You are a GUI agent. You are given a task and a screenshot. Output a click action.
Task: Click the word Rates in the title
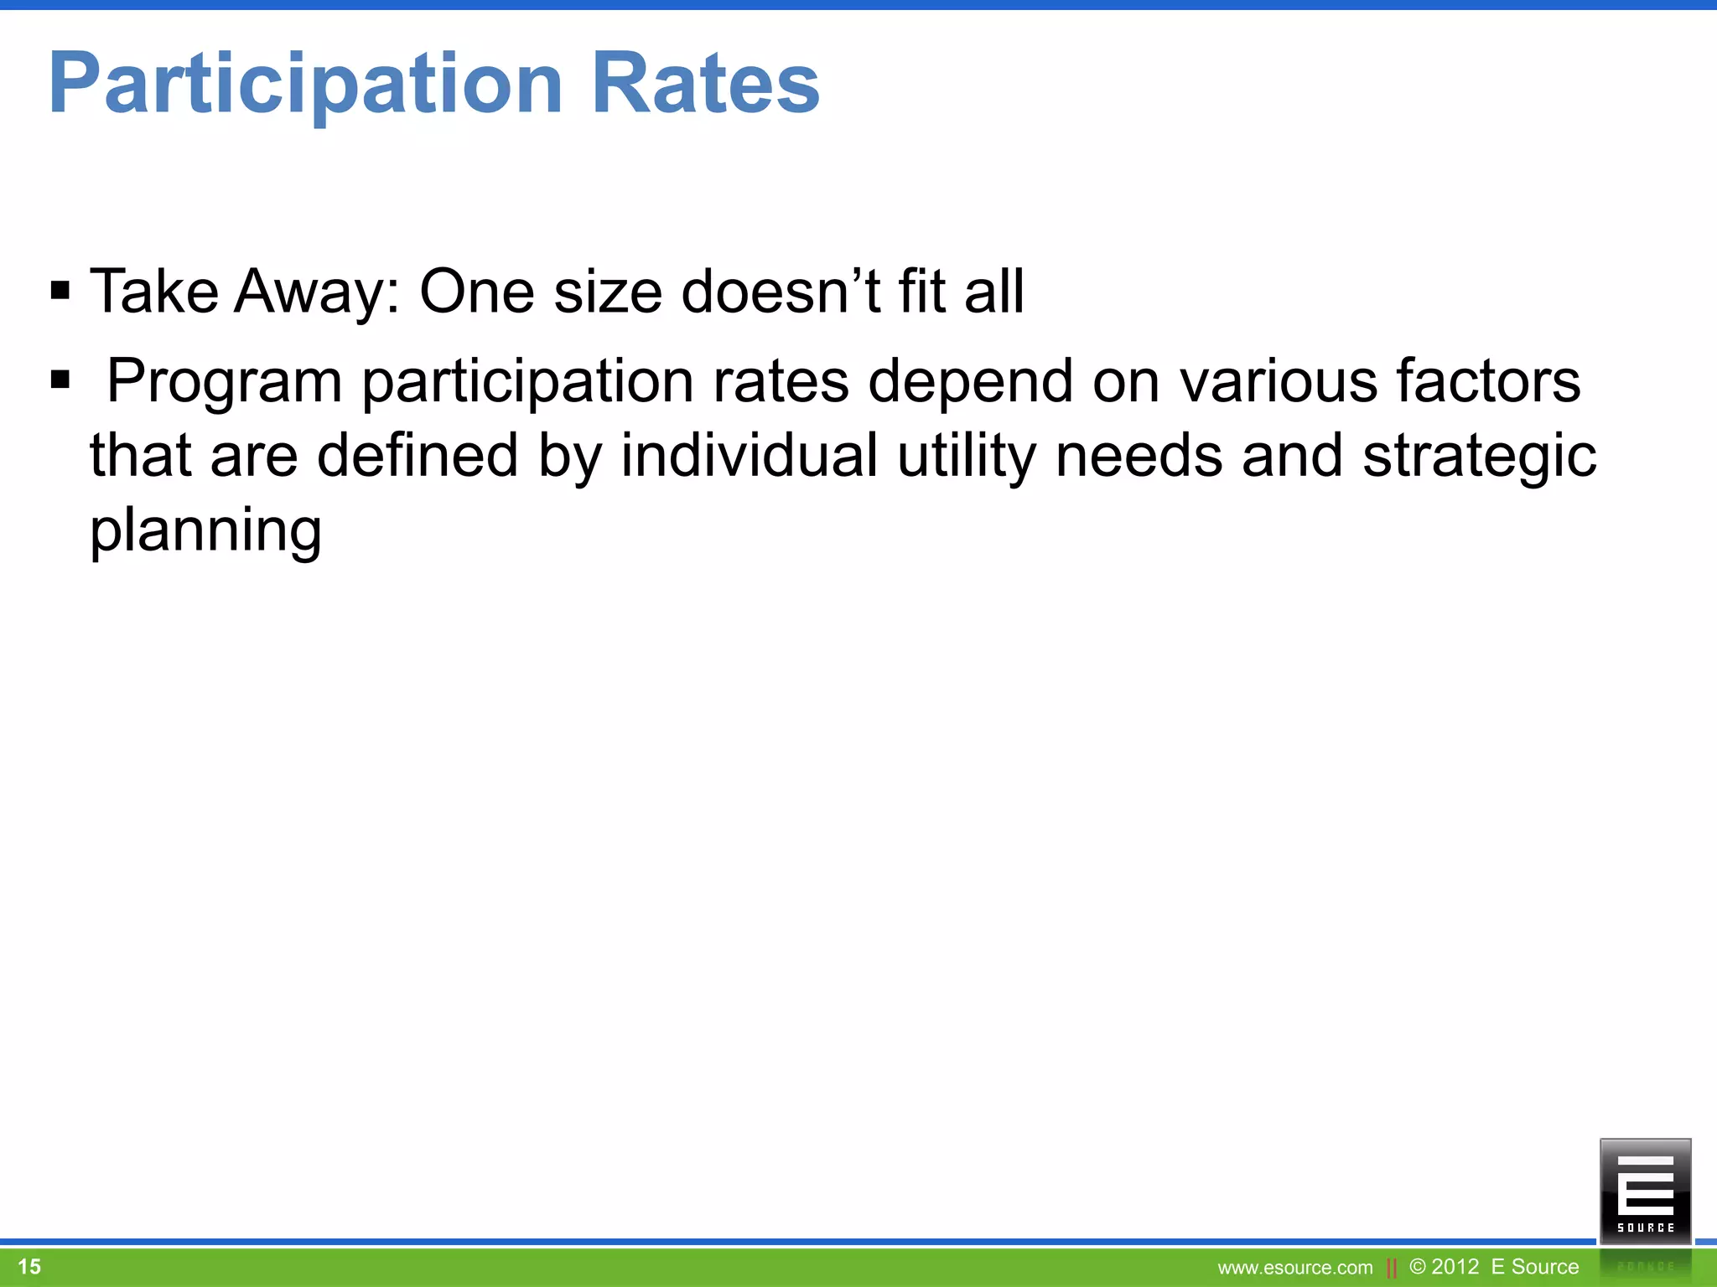[x=706, y=84]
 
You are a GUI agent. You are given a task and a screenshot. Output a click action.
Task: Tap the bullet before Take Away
[x=60, y=292]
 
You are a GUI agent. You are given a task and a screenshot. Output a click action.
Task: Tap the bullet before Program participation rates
[x=60, y=380]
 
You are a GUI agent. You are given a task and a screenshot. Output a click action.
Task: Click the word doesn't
[x=781, y=292]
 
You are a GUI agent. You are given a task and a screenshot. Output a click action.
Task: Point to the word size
[x=608, y=292]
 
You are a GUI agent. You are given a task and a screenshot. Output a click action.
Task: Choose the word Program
[x=225, y=381]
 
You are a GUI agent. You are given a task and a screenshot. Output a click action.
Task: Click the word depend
[x=970, y=381]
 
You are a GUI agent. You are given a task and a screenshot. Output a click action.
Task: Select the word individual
[x=750, y=456]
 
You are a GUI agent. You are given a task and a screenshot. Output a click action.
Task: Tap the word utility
[x=967, y=456]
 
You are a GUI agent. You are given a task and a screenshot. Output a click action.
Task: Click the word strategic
[x=1479, y=456]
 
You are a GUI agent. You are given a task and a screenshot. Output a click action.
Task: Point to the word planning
[x=205, y=531]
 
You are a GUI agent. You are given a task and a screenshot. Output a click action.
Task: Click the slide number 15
[x=29, y=1266]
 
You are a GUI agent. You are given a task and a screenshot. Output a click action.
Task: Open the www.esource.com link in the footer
[x=1295, y=1268]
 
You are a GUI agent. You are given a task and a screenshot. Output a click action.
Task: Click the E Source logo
[x=1645, y=1190]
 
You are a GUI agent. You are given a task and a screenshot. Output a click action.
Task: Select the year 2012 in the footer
[x=1455, y=1266]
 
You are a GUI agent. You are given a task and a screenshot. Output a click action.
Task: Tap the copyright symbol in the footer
[x=1418, y=1266]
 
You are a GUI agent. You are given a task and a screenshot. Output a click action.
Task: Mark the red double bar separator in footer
[x=1392, y=1268]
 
